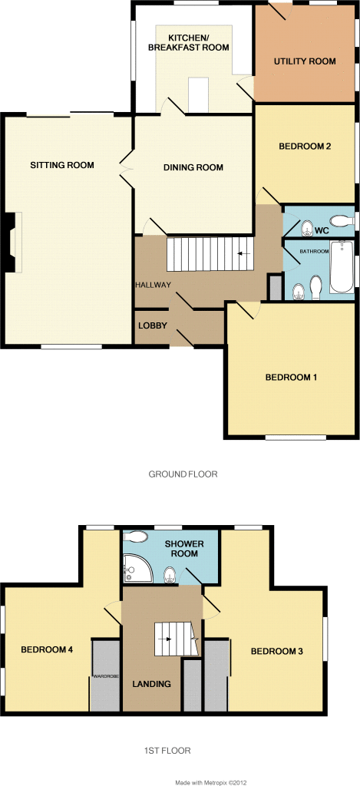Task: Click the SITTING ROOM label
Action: [62, 165]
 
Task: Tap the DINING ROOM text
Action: [193, 167]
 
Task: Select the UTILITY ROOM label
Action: [306, 61]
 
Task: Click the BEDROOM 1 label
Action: [291, 377]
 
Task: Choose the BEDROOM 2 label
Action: [305, 146]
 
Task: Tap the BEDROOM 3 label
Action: [276, 652]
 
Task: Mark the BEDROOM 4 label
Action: [47, 649]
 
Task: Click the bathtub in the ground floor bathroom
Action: [342, 267]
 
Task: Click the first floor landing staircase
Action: [175, 638]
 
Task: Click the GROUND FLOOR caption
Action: [183, 474]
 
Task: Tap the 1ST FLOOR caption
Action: [166, 750]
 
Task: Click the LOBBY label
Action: [152, 325]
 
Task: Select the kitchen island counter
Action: [199, 95]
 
